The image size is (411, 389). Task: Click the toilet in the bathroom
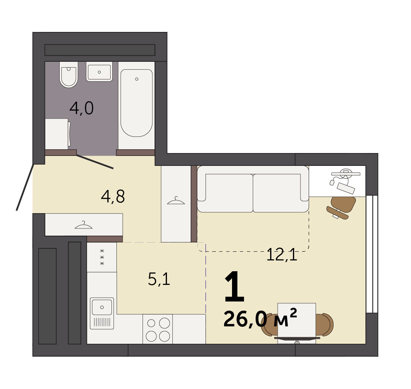click(68, 75)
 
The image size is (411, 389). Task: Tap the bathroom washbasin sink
click(99, 71)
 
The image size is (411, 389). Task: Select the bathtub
click(136, 103)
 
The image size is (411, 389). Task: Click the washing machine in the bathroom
click(58, 134)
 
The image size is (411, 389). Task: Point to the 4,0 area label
click(82, 108)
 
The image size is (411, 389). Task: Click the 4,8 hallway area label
click(113, 196)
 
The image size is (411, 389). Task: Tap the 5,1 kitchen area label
click(159, 279)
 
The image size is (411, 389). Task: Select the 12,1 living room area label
click(282, 255)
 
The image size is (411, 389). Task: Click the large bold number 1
click(235, 287)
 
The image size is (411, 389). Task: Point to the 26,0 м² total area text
click(260, 318)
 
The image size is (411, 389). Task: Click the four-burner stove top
click(158, 329)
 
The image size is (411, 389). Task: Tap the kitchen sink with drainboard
click(102, 313)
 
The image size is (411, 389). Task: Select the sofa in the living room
click(253, 189)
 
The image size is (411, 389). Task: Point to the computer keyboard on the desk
click(346, 188)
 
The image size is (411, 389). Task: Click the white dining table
click(297, 323)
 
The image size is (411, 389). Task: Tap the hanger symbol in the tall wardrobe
click(176, 201)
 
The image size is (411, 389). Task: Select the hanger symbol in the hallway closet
click(84, 225)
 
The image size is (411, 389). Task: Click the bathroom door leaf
click(95, 162)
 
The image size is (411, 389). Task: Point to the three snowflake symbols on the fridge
click(102, 257)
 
